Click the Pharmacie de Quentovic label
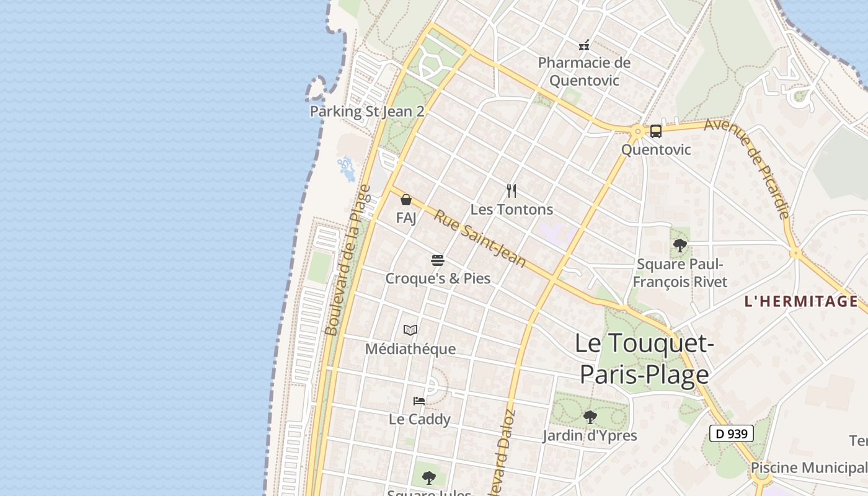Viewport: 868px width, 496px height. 584,71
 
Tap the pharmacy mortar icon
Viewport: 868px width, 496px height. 584,45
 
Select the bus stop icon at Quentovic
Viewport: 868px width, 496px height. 656,131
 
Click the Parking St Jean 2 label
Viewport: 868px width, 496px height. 367,112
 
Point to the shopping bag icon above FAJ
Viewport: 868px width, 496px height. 406,200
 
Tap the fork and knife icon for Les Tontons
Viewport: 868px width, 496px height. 511,190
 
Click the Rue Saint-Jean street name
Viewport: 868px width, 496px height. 479,239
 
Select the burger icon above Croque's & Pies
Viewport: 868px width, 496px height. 438,260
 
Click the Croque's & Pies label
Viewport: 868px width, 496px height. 438,278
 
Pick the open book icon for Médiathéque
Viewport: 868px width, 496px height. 410,330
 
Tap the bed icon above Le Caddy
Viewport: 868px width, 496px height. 419,401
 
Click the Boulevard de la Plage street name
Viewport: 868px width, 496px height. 348,260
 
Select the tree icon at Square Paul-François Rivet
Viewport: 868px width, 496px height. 680,246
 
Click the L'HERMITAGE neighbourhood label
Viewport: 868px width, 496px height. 801,302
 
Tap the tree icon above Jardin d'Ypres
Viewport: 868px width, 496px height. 590,417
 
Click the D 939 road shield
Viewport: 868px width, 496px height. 732,433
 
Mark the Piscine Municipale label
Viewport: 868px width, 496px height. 808,467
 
